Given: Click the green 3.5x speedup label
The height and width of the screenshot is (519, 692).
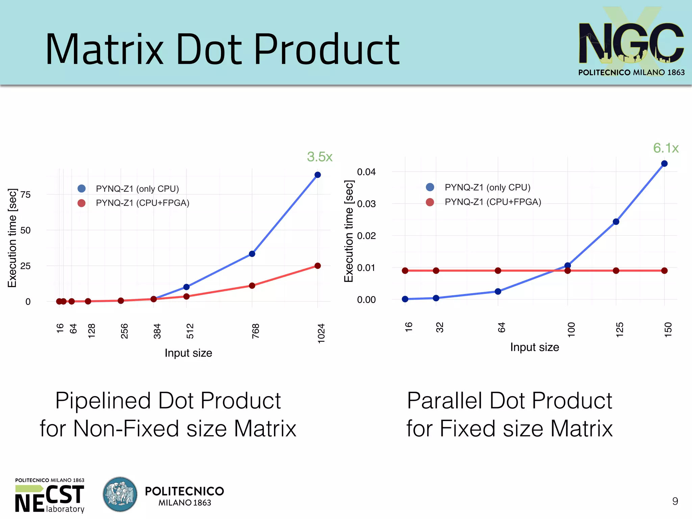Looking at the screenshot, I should (320, 157).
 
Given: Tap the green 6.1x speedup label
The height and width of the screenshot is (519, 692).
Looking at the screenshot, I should (666, 148).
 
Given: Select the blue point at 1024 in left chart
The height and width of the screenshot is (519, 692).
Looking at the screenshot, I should (318, 175).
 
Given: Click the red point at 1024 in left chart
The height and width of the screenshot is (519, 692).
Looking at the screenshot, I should (318, 266).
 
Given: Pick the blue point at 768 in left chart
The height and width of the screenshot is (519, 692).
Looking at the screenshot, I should (252, 254).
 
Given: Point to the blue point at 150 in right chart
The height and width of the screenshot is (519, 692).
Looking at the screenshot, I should (664, 163).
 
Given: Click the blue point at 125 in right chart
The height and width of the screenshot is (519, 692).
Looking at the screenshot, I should (616, 222).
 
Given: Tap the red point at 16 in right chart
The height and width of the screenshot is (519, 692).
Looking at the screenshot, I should (405, 270).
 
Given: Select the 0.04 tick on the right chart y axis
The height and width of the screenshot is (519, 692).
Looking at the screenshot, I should (366, 172).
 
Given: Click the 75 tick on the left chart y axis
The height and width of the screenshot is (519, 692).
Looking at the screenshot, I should (25, 194).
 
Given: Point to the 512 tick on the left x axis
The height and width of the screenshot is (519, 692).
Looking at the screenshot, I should (190, 331).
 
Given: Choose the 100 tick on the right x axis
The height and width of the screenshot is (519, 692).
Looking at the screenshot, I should (571, 329).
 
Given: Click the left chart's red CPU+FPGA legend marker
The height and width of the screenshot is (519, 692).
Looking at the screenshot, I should (81, 203).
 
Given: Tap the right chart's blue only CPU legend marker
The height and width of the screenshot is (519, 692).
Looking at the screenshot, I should (430, 187).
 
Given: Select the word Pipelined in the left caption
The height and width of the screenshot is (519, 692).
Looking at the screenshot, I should (103, 401).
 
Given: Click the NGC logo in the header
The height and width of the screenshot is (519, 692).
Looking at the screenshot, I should (631, 42).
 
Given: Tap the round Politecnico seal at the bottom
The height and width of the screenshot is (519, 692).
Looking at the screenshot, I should (120, 494).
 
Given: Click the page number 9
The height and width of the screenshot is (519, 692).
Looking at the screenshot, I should (675, 501).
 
